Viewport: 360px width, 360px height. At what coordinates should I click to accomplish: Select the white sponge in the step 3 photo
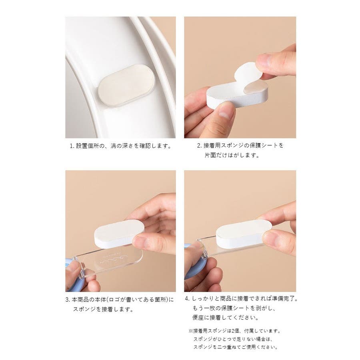[x=119, y=234]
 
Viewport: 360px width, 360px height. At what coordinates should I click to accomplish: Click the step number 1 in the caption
[x=72, y=146]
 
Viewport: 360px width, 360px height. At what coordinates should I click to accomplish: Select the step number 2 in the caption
[x=199, y=146]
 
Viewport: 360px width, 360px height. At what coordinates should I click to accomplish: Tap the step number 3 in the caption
[x=67, y=300]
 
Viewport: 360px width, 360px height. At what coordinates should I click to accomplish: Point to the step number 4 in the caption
[x=187, y=299]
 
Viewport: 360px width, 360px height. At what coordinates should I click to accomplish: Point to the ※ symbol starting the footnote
[x=191, y=331]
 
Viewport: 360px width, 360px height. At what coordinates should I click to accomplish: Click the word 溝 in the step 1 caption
[x=114, y=146]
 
